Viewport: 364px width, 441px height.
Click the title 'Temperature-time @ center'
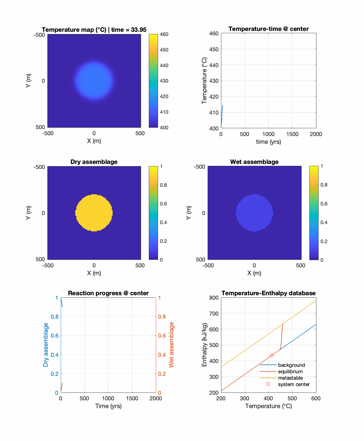click(268, 29)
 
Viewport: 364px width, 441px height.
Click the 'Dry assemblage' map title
click(94, 162)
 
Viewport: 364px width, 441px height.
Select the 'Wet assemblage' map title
click(254, 162)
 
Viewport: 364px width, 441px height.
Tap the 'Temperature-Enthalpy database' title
click(268, 293)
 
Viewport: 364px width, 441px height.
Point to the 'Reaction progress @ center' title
click(108, 293)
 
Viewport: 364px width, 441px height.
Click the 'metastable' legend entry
click(290, 378)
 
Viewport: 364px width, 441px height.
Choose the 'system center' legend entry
click(293, 384)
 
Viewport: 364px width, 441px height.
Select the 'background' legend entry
click(291, 365)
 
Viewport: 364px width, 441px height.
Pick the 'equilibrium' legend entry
click(290, 372)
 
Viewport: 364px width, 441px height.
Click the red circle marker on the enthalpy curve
click(272, 355)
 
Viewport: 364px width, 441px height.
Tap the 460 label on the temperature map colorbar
click(164, 34)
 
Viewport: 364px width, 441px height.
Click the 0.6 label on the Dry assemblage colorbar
click(164, 204)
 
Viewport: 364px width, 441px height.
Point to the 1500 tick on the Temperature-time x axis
click(292, 134)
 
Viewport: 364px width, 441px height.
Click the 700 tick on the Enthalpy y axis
click(214, 314)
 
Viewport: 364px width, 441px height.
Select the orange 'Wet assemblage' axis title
click(171, 345)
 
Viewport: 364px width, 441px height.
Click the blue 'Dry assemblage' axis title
click(46, 345)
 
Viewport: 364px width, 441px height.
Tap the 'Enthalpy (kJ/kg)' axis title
click(204, 345)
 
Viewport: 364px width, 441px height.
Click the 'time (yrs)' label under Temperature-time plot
click(268, 142)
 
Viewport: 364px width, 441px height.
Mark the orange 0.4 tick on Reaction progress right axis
click(162, 355)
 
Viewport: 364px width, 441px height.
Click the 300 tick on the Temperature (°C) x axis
click(245, 398)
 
